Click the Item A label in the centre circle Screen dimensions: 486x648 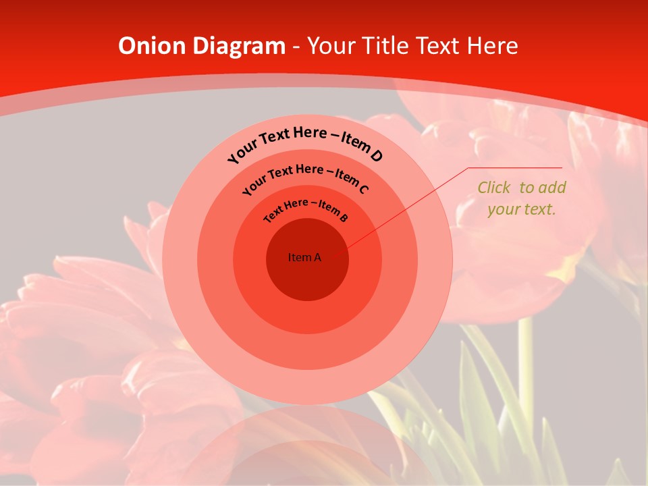tap(304, 257)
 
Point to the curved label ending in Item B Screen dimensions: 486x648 tap(306, 209)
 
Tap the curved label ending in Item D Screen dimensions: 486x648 tap(304, 144)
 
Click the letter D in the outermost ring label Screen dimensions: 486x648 tap(376, 157)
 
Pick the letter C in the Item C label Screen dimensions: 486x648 tap(363, 190)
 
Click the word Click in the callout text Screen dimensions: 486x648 tap(494, 188)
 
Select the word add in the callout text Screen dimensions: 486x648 tap(553, 188)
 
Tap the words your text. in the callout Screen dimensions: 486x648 tap(521, 209)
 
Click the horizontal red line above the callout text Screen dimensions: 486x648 tap(515, 167)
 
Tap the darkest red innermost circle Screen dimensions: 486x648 tap(307, 277)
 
